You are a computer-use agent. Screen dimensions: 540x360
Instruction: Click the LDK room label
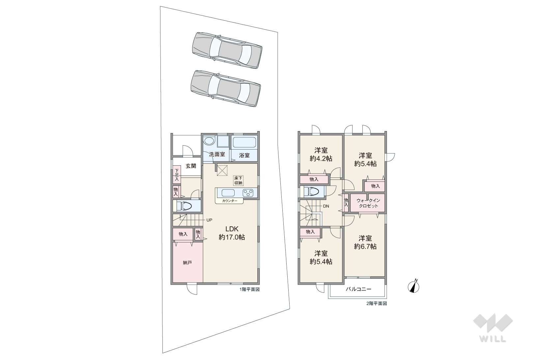point(232,229)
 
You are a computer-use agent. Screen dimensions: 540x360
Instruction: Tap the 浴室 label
point(244,155)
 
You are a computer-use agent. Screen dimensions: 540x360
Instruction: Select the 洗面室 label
point(217,154)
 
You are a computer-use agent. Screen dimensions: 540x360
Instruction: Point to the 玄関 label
point(191,166)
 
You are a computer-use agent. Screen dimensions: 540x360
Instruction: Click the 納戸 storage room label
point(187,263)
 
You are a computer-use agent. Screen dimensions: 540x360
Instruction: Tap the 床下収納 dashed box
point(239,180)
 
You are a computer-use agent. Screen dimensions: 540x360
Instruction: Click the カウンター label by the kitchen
point(230,201)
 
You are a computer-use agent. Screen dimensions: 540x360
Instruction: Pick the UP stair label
point(209,220)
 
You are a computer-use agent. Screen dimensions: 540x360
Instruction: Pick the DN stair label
point(326,206)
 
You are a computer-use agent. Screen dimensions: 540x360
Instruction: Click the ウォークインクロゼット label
point(368,203)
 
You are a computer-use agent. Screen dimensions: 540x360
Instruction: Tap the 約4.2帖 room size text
point(321,158)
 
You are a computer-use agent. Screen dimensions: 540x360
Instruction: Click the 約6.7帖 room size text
point(365,246)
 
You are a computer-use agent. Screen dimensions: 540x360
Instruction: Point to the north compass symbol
point(413,286)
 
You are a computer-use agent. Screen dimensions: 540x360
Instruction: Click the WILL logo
point(493,328)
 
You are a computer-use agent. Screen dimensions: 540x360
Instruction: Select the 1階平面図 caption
point(249,290)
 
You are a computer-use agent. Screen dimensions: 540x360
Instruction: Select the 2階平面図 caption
point(377,303)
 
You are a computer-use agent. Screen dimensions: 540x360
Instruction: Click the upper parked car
point(227,50)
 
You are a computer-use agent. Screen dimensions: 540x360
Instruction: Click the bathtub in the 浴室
point(244,143)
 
